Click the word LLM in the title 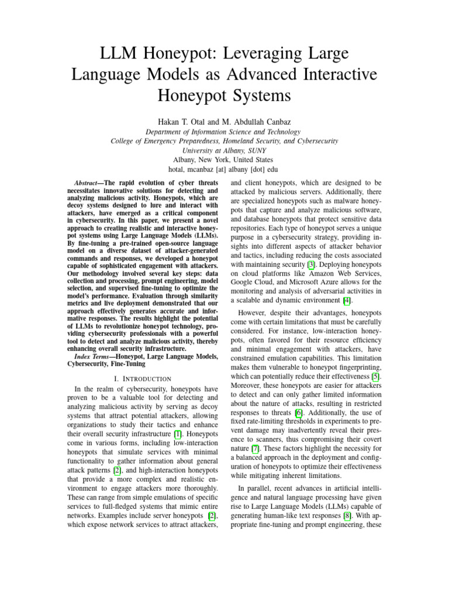[121, 55]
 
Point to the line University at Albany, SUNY [224, 150]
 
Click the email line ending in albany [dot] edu [224, 169]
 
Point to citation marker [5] [377, 376]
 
